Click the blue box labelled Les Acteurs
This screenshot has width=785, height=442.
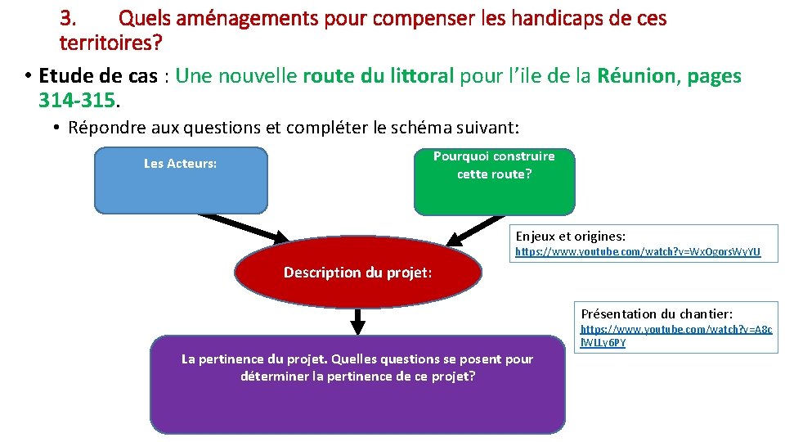[x=181, y=181]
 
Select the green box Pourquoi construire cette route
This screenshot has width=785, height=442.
[x=494, y=182]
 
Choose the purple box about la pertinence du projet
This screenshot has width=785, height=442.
[x=357, y=385]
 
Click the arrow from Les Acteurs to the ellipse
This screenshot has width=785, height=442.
[x=244, y=228]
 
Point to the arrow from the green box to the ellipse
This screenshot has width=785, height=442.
[x=477, y=230]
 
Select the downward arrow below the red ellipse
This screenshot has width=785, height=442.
[x=357, y=321]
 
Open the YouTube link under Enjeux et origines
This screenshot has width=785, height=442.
[x=638, y=253]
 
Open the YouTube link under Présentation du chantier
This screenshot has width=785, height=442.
[x=675, y=336]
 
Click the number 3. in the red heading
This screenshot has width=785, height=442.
[x=69, y=17]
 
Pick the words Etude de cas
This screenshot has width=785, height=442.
[x=98, y=76]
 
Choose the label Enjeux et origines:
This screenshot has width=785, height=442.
[x=570, y=236]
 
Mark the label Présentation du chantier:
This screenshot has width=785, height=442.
[x=657, y=313]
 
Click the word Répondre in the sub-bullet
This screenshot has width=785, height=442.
[x=101, y=128]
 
